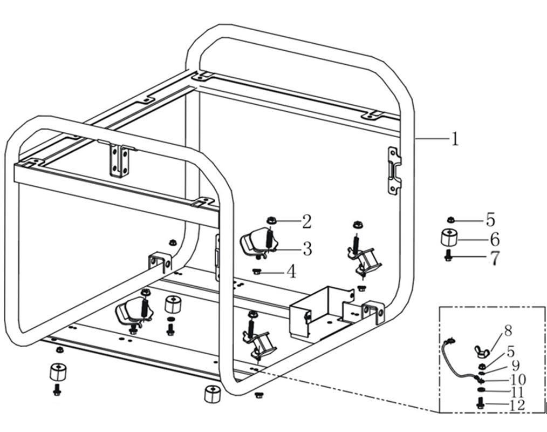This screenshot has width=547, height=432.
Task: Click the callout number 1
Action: tap(455, 139)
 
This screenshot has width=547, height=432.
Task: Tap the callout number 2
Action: tap(306, 221)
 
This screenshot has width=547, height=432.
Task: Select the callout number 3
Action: tap(307, 249)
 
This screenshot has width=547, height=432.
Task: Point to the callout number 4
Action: tap(291, 272)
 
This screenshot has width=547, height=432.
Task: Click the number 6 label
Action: tap(494, 239)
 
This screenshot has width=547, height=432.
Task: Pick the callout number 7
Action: tap(494, 258)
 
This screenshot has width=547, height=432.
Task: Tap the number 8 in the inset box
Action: tap(508, 330)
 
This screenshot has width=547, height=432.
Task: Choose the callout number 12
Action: tap(517, 405)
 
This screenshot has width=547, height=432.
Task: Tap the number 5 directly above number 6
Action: tap(490, 220)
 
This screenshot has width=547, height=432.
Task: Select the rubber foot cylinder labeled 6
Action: tap(449, 238)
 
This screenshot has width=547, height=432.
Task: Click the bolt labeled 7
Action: tap(448, 256)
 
